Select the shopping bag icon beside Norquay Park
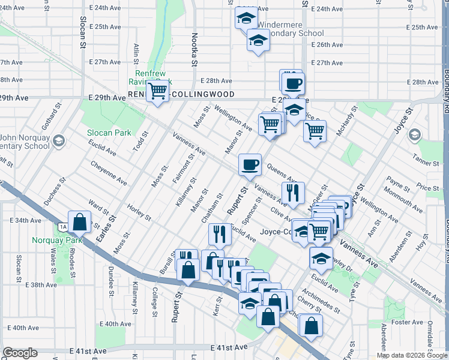[x=79, y=223]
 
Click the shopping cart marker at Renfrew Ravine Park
[x=157, y=91]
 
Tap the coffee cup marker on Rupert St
[x=250, y=164]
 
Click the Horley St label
[x=139, y=212]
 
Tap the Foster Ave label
[x=403, y=322]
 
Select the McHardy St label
[x=346, y=121]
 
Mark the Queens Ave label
[x=282, y=175]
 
